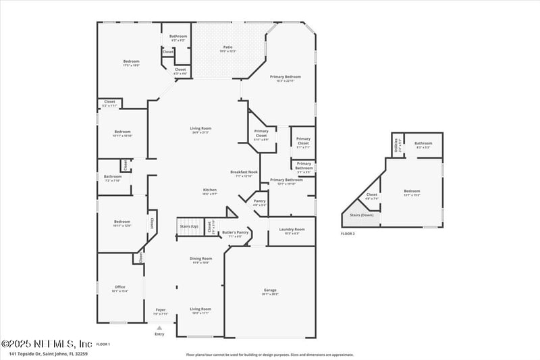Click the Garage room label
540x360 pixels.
coord(269,290)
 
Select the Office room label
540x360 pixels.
coord(119,287)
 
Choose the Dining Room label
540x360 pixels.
coord(200,258)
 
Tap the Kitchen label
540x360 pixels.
coord(210,190)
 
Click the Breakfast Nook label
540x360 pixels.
coord(244,172)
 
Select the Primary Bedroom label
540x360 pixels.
coord(281,77)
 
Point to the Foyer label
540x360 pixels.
coord(160,310)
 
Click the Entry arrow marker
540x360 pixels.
coord(159,327)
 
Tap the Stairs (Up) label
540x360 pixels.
coord(189,226)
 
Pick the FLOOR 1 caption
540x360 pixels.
coord(103,344)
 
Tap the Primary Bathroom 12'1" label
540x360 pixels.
coord(286,180)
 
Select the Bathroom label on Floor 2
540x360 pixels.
coord(423,143)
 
